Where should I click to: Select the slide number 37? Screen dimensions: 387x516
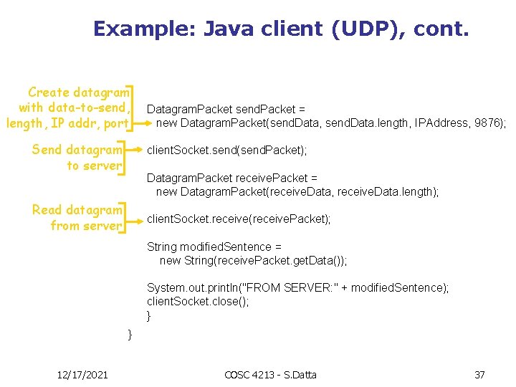pos(479,375)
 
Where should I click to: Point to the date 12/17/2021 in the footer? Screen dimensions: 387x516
pos(82,375)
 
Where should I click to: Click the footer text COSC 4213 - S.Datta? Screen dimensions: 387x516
pos(270,375)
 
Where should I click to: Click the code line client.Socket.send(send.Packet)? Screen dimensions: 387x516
pos(226,150)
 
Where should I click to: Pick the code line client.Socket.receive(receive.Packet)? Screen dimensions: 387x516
pos(239,219)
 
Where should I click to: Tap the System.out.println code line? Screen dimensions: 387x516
pos(298,287)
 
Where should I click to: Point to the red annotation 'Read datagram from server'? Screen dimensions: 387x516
pos(77,218)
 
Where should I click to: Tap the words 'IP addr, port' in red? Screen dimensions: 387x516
pos(92,124)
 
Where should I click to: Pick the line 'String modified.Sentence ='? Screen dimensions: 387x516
pos(214,247)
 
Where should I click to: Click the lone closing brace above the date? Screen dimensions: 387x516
pos(130,334)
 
